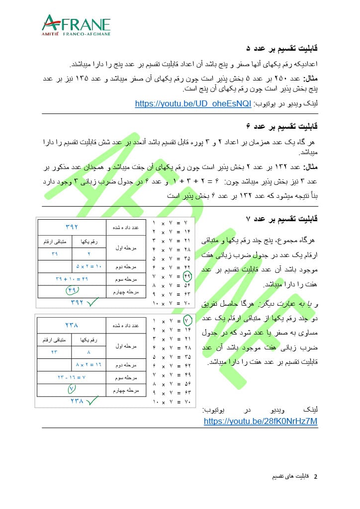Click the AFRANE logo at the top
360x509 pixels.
pos(76,25)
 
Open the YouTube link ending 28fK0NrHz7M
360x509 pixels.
pos(261,421)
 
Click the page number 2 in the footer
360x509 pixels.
pos(315,476)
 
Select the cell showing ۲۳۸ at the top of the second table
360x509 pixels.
pos(73,325)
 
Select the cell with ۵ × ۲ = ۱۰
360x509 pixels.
pos(89,266)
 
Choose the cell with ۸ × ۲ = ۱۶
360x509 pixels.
pos(89,364)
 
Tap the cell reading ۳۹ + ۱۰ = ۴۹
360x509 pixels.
pos(72,279)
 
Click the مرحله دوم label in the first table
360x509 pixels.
pos(125,266)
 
